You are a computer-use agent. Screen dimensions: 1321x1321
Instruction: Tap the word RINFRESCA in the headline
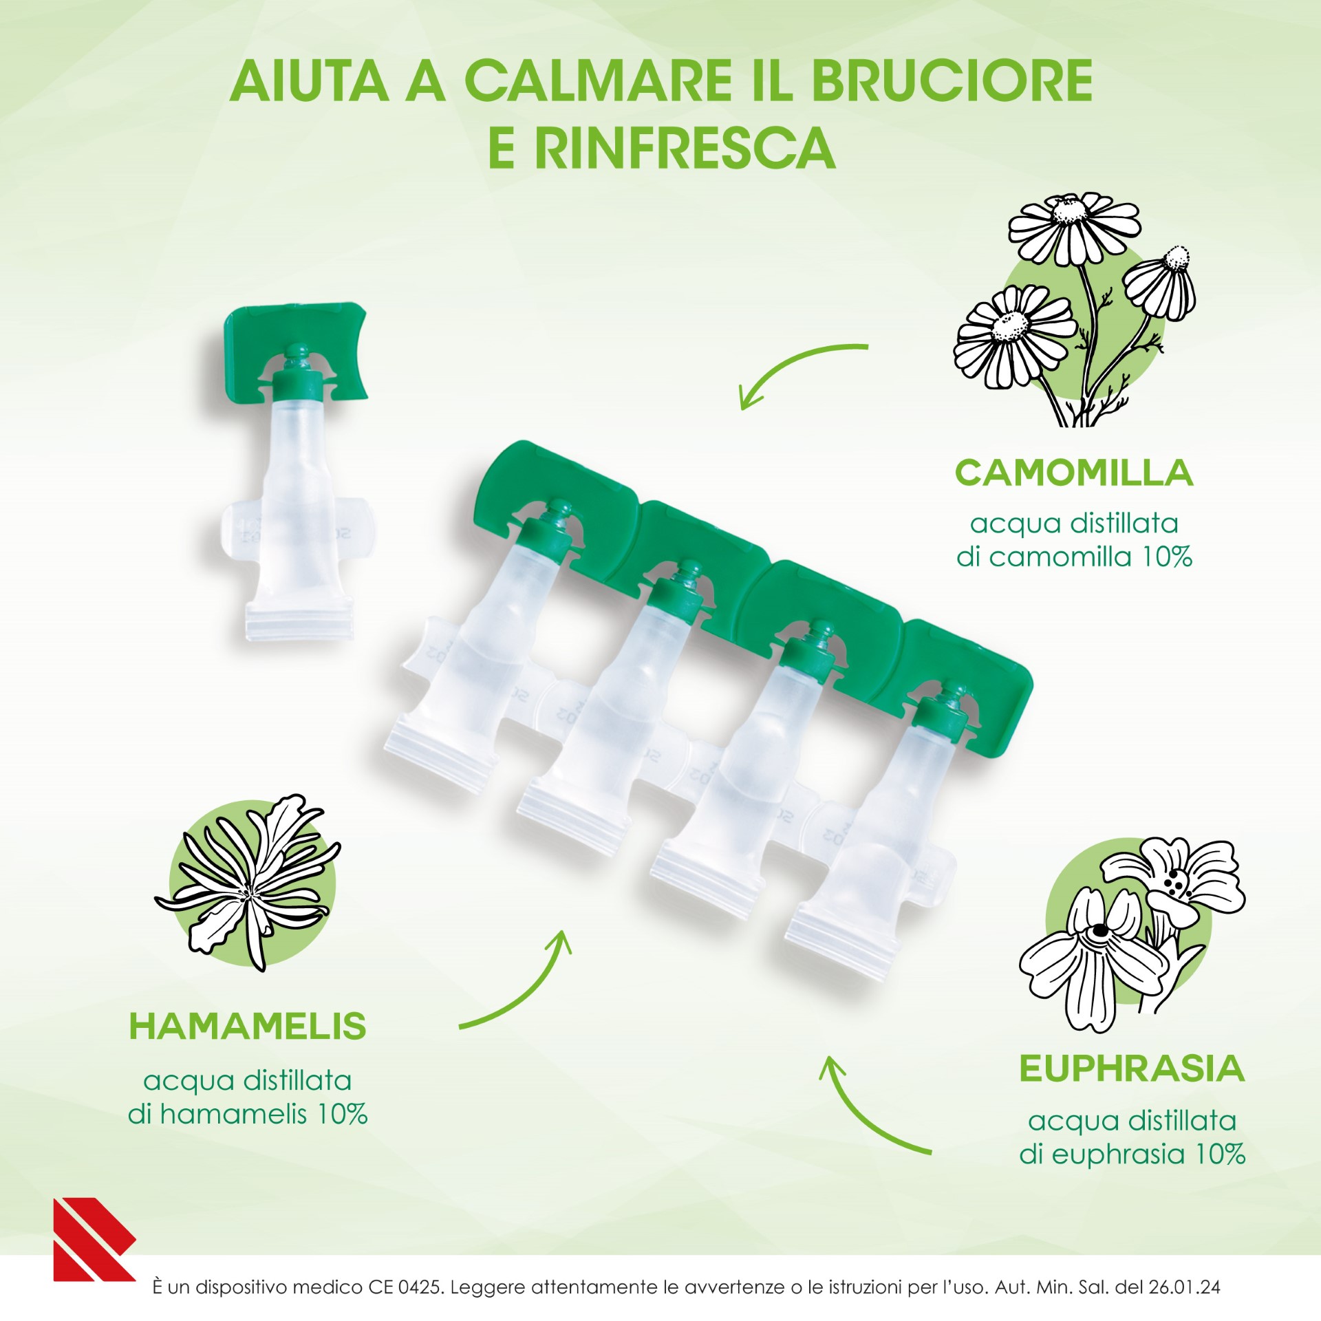684,148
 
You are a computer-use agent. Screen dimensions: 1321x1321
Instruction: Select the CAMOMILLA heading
1073,473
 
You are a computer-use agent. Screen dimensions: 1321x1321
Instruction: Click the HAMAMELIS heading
248,1027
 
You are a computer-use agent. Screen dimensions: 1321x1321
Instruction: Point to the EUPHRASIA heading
1132,1068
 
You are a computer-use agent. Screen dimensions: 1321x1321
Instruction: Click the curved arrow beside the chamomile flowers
798,368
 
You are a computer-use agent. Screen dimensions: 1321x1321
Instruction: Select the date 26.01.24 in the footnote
1183,1287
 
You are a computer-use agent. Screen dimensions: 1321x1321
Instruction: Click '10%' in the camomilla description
1167,557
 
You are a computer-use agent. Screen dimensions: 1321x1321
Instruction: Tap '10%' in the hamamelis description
342,1113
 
